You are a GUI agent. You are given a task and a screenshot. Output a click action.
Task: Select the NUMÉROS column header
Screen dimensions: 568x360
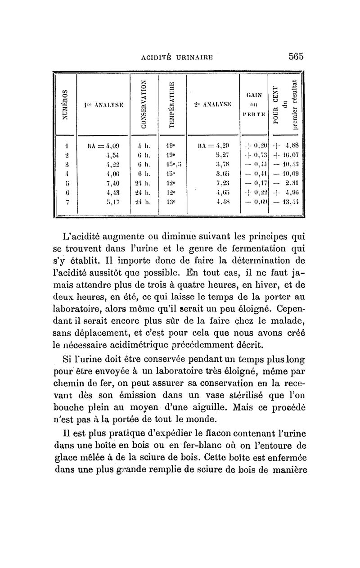64,104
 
